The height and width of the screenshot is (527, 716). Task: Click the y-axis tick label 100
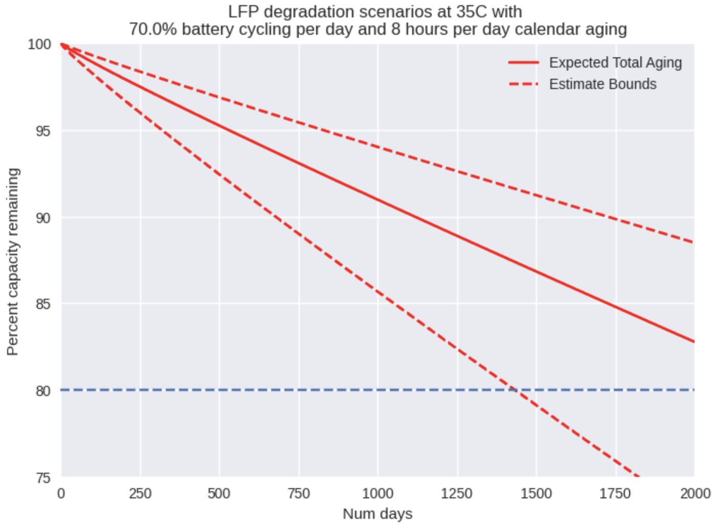39,45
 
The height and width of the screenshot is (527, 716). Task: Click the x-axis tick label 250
140,494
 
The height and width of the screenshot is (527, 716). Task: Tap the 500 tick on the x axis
219,494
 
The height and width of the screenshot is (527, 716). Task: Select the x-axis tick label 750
298,494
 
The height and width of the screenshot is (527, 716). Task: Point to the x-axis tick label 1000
377,494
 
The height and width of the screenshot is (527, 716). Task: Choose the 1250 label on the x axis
457,494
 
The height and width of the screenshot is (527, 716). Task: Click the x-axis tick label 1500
536,494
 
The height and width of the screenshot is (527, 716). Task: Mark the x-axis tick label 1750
615,494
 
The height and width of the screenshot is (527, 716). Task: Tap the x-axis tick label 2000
695,494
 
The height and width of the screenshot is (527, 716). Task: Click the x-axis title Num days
377,514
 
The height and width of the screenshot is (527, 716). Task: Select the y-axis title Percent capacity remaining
13,261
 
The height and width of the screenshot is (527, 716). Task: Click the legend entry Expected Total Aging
615,62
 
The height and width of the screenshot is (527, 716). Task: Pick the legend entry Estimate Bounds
602,84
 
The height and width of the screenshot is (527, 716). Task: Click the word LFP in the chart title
243,11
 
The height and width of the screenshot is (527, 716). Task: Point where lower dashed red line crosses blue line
515,390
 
